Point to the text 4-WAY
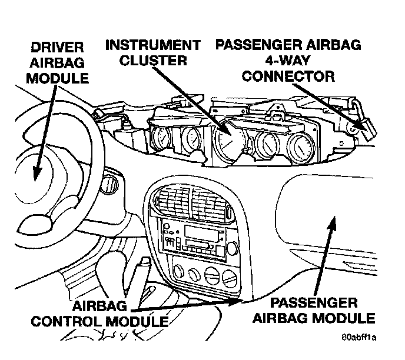[x=288, y=61]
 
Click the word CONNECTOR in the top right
[x=288, y=76]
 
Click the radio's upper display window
[x=200, y=230]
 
